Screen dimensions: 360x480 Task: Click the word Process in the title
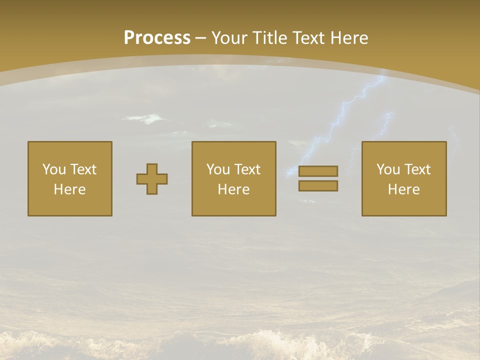157,38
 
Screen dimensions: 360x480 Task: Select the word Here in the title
349,38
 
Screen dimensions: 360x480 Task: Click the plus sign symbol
152,179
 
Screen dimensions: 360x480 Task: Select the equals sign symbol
318,178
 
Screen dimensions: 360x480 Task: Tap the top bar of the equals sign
318,171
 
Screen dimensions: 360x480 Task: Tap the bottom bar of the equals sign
318,186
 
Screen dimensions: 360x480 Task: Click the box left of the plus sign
69,179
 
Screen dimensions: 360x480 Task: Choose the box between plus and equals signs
233,179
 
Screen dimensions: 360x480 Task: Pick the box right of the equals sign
403,179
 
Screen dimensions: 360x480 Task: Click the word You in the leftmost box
54,169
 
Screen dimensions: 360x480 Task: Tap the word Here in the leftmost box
69,189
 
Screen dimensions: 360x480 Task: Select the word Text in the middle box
247,169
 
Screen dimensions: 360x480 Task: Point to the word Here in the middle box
233,189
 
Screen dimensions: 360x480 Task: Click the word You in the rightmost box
388,169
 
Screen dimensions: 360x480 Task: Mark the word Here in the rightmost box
403,189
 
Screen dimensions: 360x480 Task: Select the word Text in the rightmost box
417,169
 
